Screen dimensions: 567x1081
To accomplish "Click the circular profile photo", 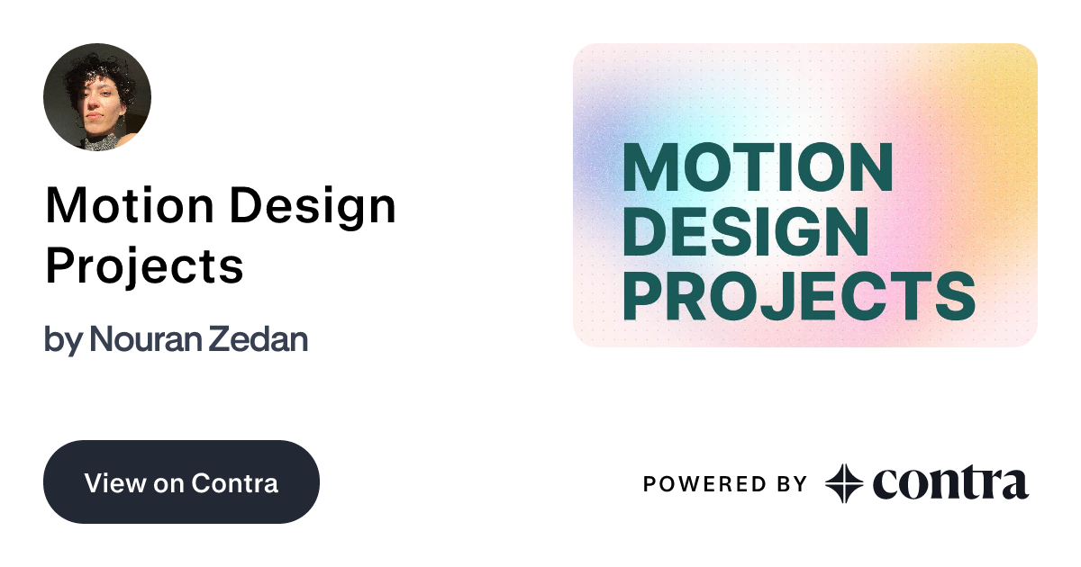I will point(97,96).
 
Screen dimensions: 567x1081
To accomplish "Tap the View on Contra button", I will point(181,481).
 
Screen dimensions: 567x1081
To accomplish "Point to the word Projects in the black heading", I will point(144,265).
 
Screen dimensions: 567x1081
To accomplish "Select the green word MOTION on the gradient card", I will point(758,166).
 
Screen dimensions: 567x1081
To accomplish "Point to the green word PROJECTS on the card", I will point(798,295).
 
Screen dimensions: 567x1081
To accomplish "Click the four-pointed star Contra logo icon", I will point(844,483).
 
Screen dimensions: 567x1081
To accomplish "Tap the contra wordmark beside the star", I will point(950,483).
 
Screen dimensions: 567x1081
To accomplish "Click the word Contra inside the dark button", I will point(235,482).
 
